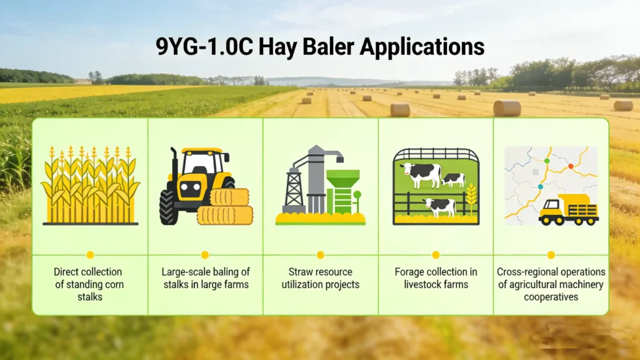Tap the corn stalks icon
(90, 186)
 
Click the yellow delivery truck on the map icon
(568, 210)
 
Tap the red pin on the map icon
(570, 166)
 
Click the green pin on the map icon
(547, 161)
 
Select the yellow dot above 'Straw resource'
(321, 255)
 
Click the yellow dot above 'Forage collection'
(436, 255)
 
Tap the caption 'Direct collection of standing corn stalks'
(88, 284)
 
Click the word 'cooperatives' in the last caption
(551, 297)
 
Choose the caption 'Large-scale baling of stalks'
(205, 278)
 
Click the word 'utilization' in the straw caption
(306, 284)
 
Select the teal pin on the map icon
(541, 186)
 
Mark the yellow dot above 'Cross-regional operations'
(551, 255)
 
